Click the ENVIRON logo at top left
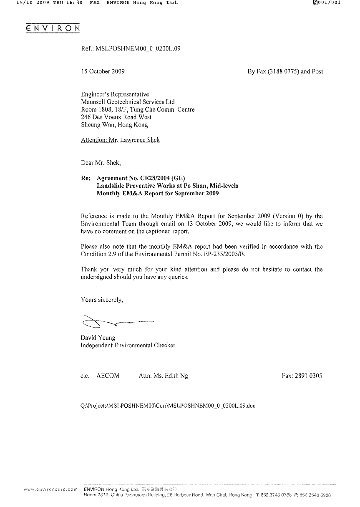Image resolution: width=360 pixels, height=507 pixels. pos(53,28)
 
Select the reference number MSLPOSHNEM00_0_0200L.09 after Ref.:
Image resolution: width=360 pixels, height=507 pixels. pos(138,49)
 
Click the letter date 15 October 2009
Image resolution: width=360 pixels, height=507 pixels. pos(103,71)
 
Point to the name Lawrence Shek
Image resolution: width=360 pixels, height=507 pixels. pos(140,140)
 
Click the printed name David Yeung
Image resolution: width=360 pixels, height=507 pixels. pos(98,338)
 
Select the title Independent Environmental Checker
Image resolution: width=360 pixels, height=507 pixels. pos(128,345)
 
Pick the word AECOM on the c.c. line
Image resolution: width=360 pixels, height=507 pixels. pos(108,376)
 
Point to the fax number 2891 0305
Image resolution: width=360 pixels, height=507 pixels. pos(308,376)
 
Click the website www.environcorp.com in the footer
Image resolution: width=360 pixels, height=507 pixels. pos(51,489)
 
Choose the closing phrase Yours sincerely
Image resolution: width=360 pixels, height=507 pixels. pos(102,300)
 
